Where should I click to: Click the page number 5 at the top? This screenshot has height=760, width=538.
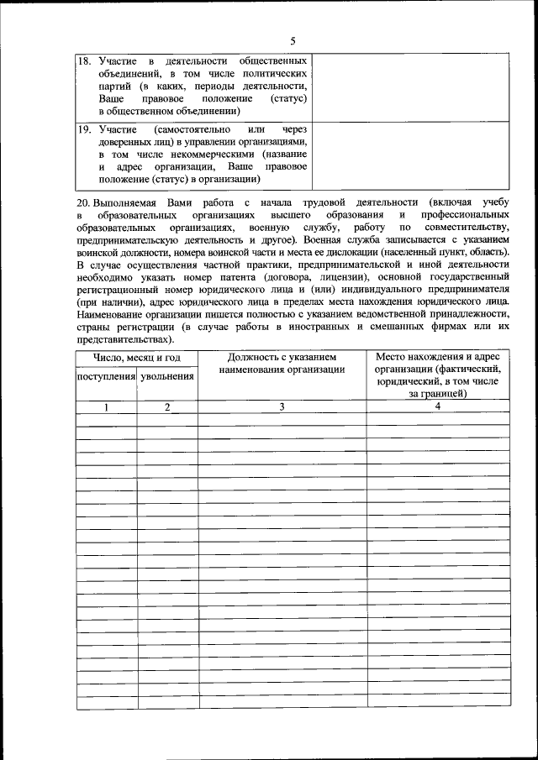pos(293,40)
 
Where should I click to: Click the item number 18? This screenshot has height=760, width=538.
pos(84,62)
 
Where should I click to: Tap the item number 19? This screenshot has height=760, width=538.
pos(84,131)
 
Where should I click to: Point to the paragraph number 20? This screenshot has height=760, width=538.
pos(83,202)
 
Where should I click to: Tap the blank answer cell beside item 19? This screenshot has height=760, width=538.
pos(412,155)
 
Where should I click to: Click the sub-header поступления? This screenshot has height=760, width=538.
pos(107,377)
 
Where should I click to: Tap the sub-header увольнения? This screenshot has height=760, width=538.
pos(168,377)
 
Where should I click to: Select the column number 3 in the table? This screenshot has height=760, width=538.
pos(282,406)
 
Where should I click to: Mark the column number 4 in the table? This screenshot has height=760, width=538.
pos(438,406)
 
